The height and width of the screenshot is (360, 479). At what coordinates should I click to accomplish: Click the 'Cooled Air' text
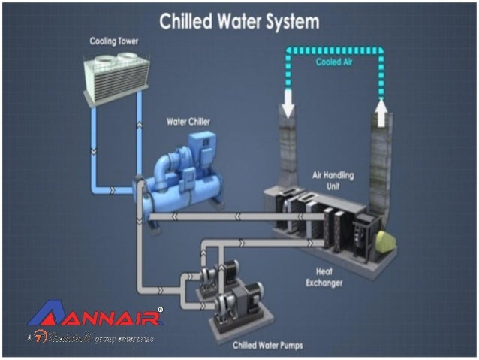tap(333, 62)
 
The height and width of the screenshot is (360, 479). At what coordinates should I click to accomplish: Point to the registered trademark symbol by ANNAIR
tap(159, 308)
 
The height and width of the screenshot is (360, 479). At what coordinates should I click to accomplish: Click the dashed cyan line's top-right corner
tap(380, 50)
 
